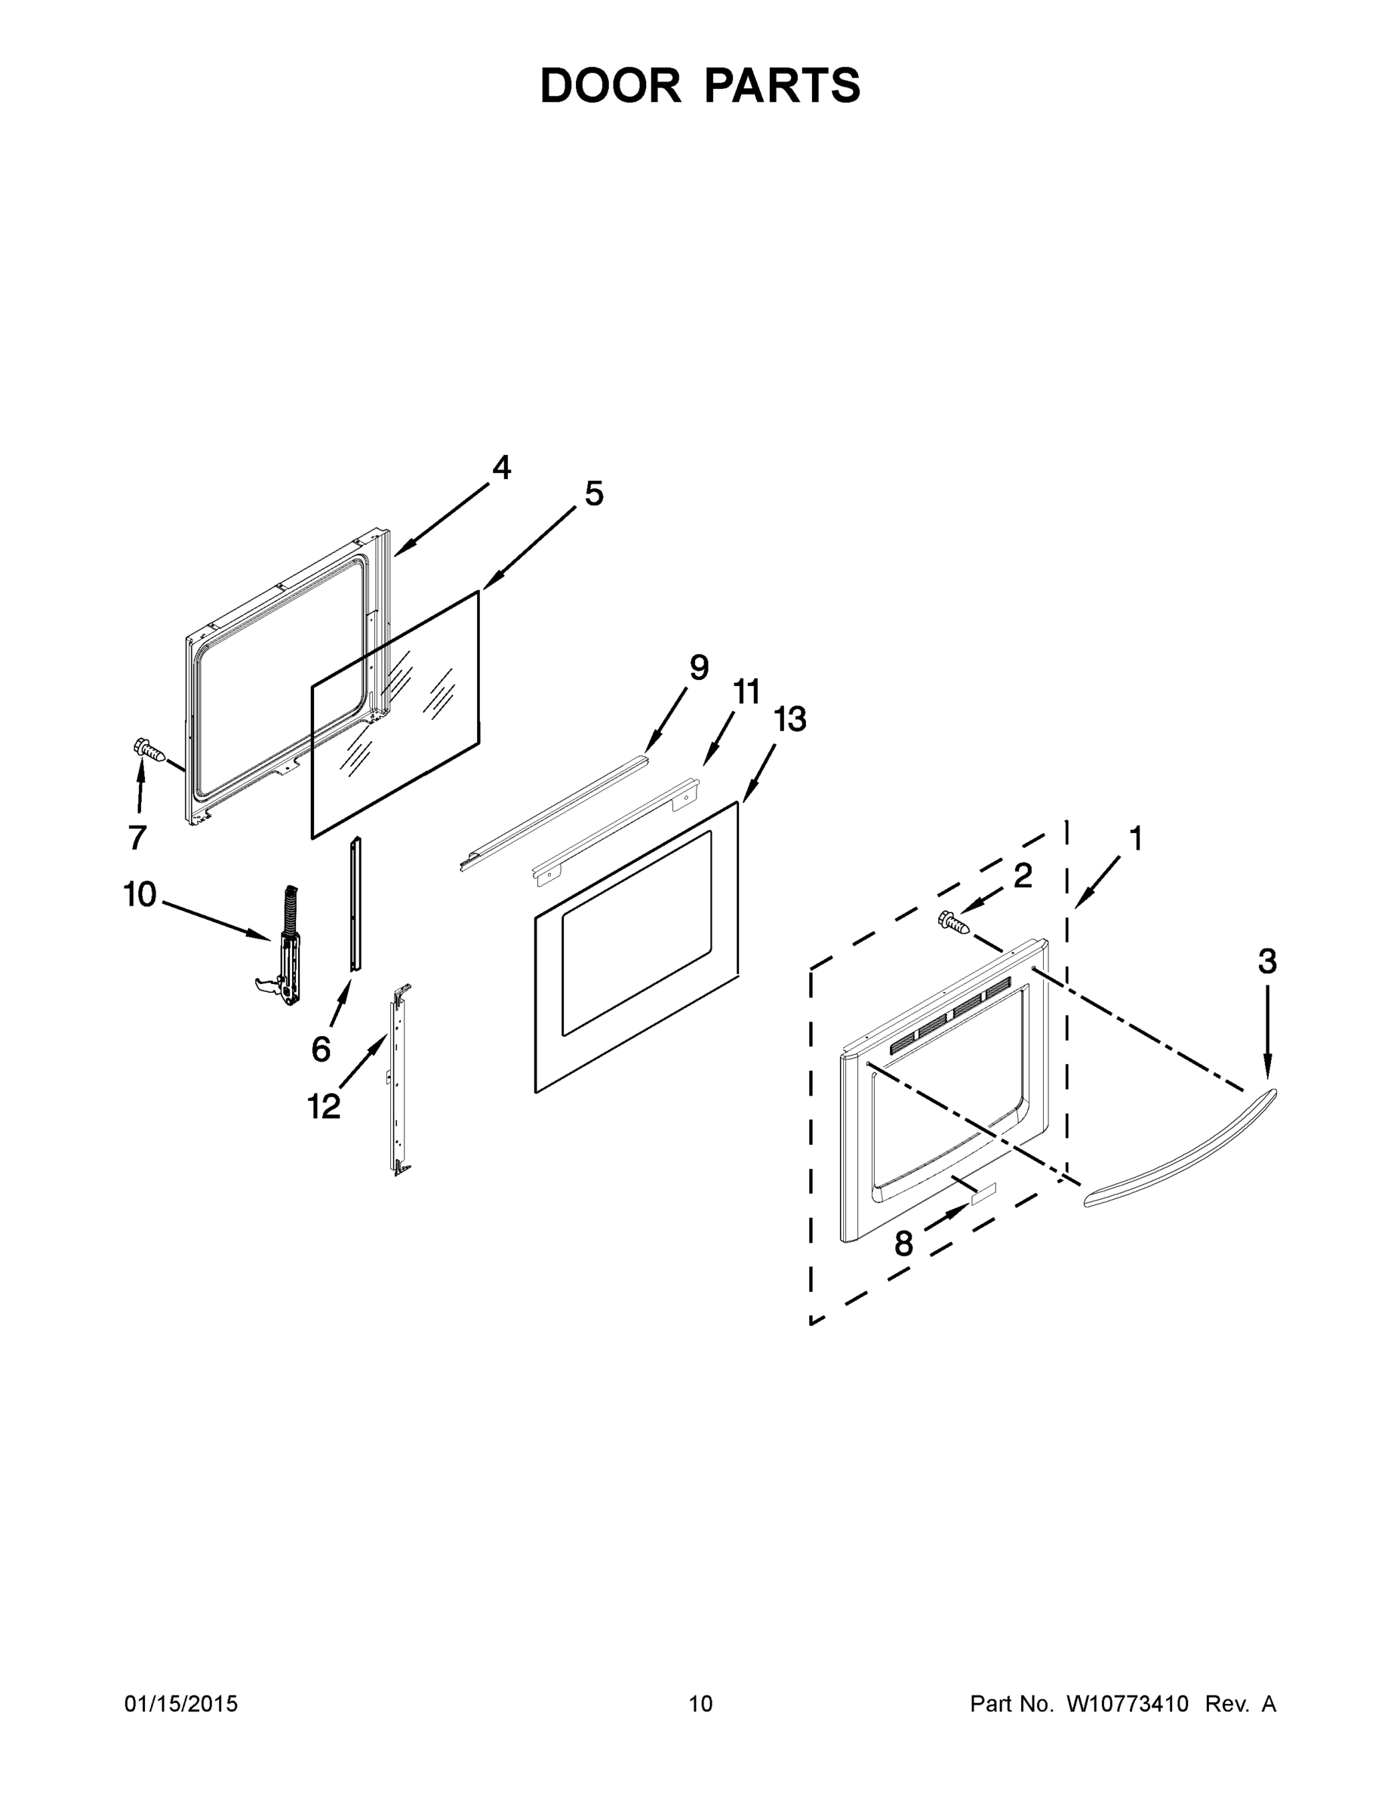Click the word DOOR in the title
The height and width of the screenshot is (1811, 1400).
tap(610, 85)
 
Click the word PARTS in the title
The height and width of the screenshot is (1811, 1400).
tap(783, 85)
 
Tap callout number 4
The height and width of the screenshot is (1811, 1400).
tap(501, 468)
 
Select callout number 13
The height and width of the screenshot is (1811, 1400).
tap(789, 720)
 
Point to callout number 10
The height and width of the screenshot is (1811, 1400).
tap(140, 895)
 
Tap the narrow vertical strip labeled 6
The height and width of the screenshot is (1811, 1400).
tap(355, 904)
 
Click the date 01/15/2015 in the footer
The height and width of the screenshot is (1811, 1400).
tap(181, 1703)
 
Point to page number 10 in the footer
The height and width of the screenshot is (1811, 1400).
tap(700, 1703)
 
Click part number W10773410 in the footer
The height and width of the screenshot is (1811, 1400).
tap(1126, 1703)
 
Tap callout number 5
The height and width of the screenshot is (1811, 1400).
tap(594, 494)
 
